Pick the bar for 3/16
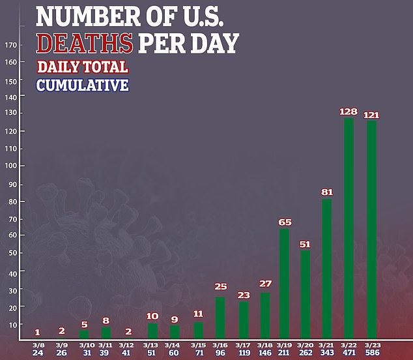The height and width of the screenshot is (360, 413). pyautogui.click(x=221, y=319)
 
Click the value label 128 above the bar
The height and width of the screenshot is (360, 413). pyautogui.click(x=349, y=112)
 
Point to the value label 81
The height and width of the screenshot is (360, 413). pyautogui.click(x=327, y=192)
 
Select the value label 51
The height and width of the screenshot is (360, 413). pyautogui.click(x=305, y=245)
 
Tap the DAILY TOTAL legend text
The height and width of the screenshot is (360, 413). pyautogui.click(x=82, y=67)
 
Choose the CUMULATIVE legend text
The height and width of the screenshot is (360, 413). pyautogui.click(x=82, y=85)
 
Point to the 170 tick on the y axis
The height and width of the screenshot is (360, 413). pyautogui.click(x=10, y=46)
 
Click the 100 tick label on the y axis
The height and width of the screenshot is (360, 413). pyautogui.click(x=10, y=166)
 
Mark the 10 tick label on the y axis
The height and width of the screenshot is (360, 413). pyautogui.click(x=12, y=324)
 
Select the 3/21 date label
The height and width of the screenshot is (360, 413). pyautogui.click(x=327, y=346)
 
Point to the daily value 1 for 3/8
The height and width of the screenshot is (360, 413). pyautogui.click(x=37, y=331)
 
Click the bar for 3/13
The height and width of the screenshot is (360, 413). pyautogui.click(x=152, y=331)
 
